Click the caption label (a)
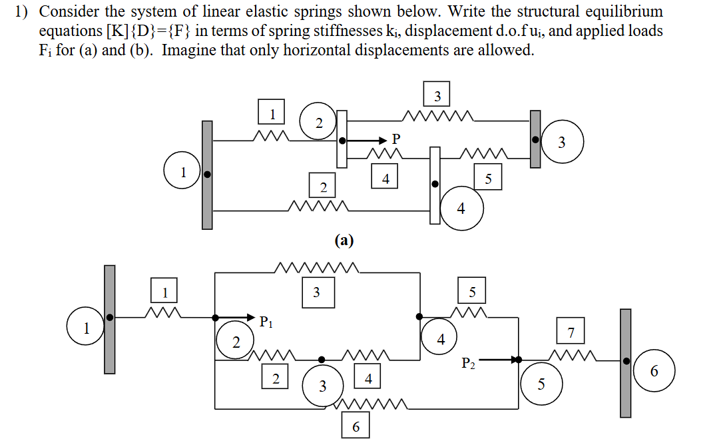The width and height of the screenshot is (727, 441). coord(344,240)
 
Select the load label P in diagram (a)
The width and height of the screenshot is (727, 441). coord(397,139)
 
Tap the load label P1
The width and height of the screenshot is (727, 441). coord(266,323)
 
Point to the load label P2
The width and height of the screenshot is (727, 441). coord(469,363)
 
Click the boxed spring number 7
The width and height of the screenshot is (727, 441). coord(571,332)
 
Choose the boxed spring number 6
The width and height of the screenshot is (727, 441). coord(356,426)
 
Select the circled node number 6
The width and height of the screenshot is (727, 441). coord(654,372)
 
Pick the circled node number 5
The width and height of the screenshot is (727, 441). coord(541,384)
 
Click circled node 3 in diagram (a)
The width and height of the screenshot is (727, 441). coord(562,142)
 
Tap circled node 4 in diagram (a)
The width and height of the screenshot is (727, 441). coord(461,209)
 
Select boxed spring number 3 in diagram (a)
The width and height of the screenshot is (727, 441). coord(437,95)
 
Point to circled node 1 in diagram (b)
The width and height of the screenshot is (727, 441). coord(86,327)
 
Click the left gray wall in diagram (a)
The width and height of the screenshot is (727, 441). coord(207,175)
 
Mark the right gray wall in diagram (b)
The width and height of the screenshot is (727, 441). coord(625,362)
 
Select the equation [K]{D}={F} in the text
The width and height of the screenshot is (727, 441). coord(137,31)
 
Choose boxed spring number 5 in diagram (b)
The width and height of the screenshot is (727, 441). coord(473,291)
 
